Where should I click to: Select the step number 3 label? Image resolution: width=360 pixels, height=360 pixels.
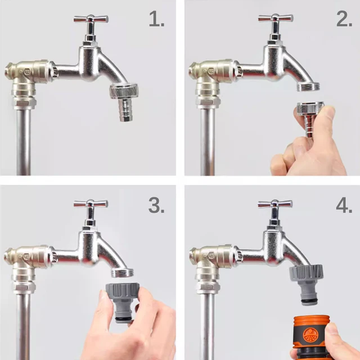tap(156, 205)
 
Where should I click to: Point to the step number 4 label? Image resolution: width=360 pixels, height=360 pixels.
tap(343, 205)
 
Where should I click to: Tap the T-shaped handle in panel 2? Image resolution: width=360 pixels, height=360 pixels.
tap(275, 19)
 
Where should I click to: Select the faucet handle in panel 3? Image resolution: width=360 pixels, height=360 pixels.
tap(91, 204)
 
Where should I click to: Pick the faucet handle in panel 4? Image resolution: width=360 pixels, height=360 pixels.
tap(275, 204)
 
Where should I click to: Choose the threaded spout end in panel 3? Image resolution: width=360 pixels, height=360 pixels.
tap(123, 272)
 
